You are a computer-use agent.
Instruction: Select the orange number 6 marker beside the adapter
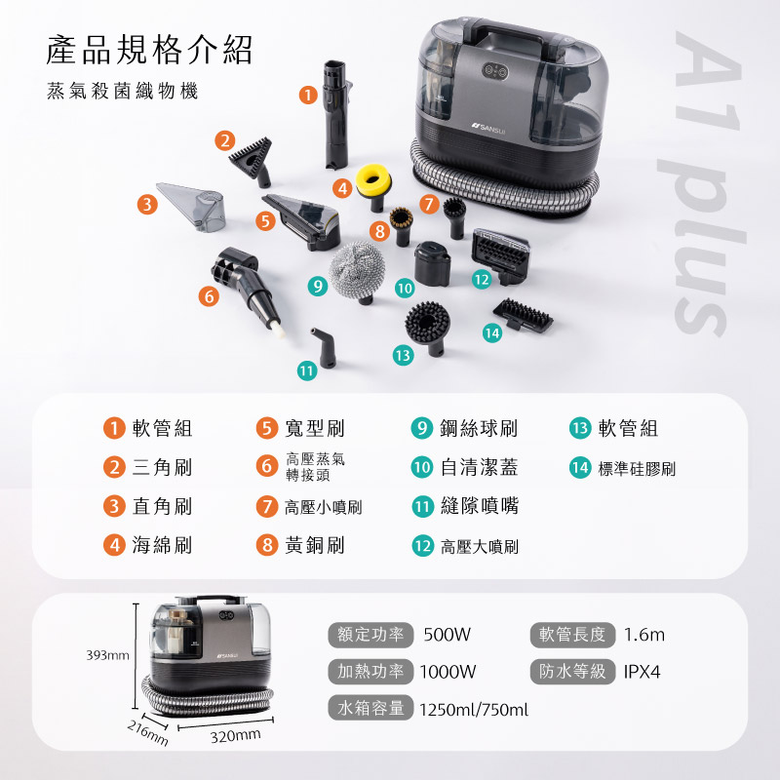point(209,296)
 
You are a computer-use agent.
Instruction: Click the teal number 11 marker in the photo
point(307,370)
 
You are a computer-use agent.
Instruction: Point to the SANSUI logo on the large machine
point(488,129)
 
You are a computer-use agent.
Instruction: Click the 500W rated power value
point(447,635)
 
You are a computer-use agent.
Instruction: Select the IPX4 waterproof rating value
point(642,672)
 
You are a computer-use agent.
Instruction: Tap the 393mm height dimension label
point(107,655)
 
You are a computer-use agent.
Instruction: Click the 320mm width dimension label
point(235,736)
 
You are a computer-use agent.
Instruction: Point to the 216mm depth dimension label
point(147,733)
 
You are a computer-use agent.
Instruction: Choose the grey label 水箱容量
point(370,708)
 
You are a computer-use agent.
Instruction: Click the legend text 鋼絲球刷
point(479,428)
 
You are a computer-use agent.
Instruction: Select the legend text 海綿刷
point(162,545)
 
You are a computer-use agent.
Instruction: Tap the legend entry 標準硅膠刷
point(637,469)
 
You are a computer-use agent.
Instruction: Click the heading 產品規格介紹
point(149,51)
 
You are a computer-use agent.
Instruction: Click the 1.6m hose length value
point(644,635)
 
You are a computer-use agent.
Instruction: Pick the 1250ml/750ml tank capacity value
point(474,710)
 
